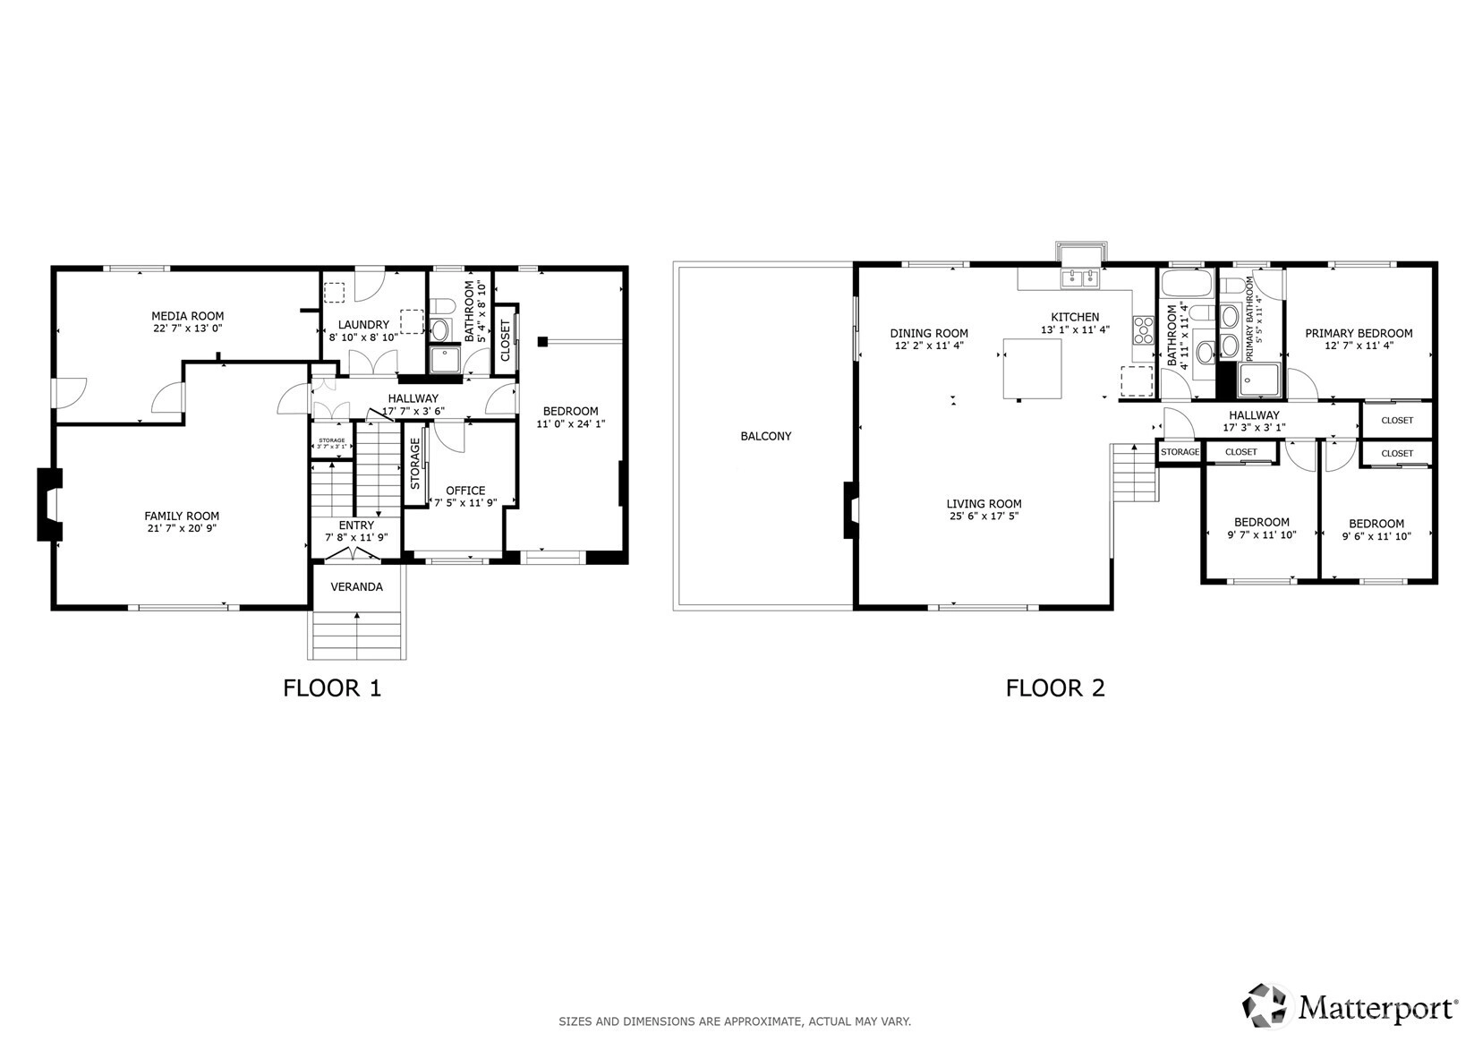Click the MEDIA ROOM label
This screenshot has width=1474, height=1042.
point(188,316)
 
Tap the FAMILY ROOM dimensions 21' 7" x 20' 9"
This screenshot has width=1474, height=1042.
point(182,528)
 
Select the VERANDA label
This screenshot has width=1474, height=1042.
point(357,586)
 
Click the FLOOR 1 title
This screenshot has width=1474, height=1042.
point(332,688)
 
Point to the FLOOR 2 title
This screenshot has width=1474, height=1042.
point(1055,688)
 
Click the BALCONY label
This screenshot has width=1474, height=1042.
point(766,436)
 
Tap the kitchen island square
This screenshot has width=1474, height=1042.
point(1032,369)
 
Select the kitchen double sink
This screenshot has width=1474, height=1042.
point(1080,278)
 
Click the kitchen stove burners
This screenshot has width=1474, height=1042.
point(1143,329)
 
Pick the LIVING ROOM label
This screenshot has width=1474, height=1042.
point(984,504)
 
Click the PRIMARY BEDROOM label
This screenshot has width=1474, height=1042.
point(1359,334)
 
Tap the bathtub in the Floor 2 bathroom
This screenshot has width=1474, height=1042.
point(1187,282)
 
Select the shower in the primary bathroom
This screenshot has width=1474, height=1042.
point(1259,380)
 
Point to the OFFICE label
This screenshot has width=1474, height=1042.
point(465,491)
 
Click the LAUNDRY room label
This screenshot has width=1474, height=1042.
point(363,325)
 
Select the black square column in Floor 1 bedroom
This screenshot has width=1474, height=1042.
point(542,341)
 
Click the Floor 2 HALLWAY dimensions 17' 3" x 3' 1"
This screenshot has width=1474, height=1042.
point(1254,427)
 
